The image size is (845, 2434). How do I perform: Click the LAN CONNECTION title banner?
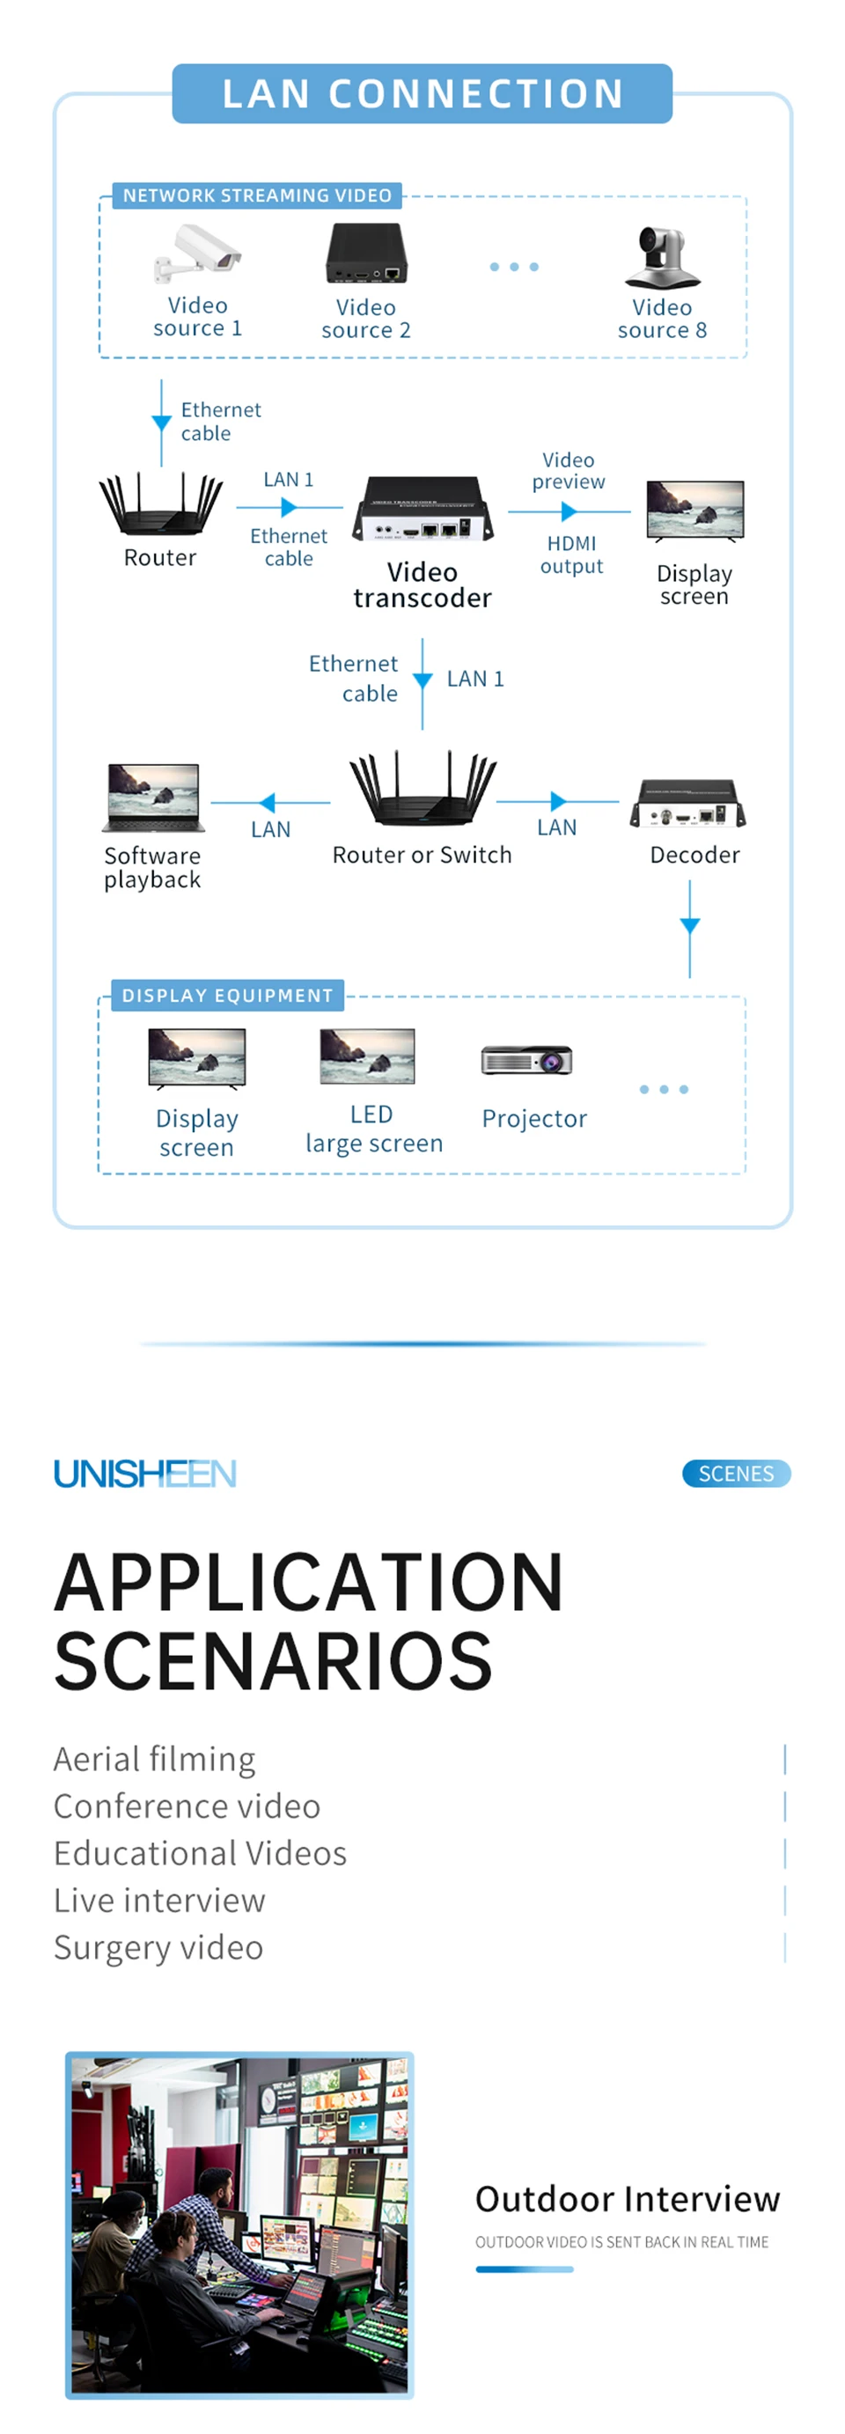[422, 93]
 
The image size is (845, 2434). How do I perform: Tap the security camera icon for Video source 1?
[199, 254]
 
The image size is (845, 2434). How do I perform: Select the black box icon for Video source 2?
[367, 254]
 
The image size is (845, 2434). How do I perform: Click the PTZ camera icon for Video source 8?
[662, 257]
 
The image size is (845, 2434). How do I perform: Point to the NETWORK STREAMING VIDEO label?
[257, 195]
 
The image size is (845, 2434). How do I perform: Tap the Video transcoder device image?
[422, 510]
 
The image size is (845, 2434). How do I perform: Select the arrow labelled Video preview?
[568, 511]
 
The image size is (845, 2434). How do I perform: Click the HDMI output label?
[571, 555]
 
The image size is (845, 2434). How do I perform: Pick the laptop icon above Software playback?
[153, 798]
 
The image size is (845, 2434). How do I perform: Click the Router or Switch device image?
[422, 790]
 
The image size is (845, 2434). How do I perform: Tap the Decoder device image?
[688, 804]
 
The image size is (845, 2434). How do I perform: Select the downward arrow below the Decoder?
[690, 927]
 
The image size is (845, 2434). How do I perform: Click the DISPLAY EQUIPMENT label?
[227, 995]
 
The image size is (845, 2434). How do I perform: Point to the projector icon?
[526, 1060]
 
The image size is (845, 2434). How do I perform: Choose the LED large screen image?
[368, 1056]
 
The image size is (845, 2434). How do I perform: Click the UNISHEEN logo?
[144, 1473]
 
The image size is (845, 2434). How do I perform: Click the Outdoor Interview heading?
[627, 2199]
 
